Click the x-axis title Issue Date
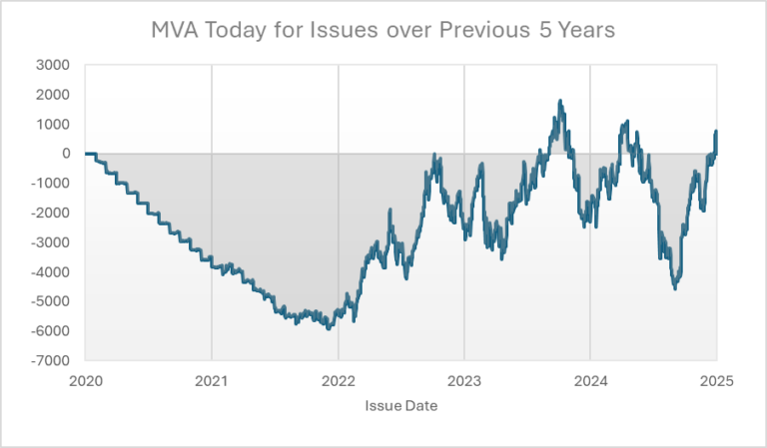click(400, 406)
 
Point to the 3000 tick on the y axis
click(52, 65)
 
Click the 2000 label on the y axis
click(52, 95)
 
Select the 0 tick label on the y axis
click(65, 154)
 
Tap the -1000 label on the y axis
click(50, 184)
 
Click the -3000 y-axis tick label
click(50, 242)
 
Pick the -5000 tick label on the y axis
click(50, 301)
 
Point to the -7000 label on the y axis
click(50, 360)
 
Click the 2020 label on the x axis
click(86, 380)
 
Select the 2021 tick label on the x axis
click(212, 380)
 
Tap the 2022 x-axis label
click(339, 380)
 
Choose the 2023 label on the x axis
click(464, 380)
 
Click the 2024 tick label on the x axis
click(590, 380)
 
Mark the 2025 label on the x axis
click(716, 380)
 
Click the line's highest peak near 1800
click(560, 101)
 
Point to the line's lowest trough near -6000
click(330, 328)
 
